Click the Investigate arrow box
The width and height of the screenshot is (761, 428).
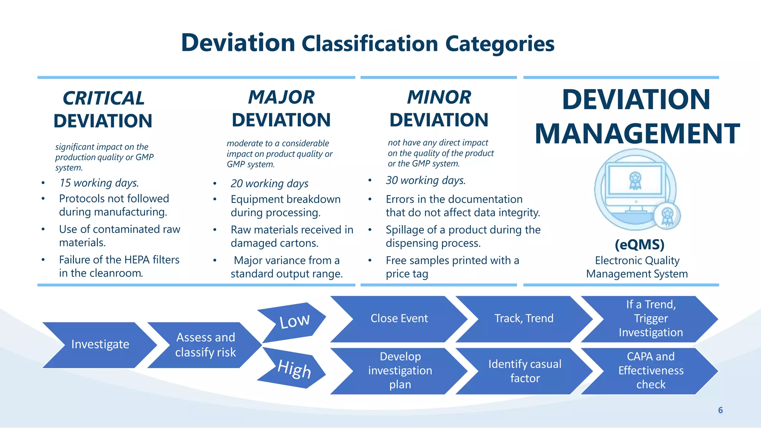[x=100, y=344]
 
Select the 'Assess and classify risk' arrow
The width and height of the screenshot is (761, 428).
[x=205, y=345]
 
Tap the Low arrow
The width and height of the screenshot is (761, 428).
[x=294, y=321]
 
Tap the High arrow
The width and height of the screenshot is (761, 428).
[x=294, y=369]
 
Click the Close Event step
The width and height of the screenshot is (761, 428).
[x=399, y=318]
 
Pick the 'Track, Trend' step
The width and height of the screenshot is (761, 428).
[x=524, y=318]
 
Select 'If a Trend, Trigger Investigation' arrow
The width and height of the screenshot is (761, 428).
[x=650, y=318]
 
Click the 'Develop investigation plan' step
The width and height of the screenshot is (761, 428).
[x=400, y=370]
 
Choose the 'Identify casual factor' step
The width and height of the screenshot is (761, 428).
[x=524, y=371]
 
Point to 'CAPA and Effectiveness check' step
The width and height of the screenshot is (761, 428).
[x=650, y=370]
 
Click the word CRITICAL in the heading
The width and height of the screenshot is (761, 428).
[x=103, y=98]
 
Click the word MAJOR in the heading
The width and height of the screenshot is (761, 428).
[x=281, y=97]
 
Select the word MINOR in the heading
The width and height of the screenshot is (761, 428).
[x=439, y=97]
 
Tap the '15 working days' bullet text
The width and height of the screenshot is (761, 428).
[x=99, y=183]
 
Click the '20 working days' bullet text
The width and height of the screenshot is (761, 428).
[x=269, y=184]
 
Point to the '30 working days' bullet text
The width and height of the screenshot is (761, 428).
[x=425, y=181]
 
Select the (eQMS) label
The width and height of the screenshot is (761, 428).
[x=639, y=244]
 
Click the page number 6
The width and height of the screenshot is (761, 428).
[x=720, y=410]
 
